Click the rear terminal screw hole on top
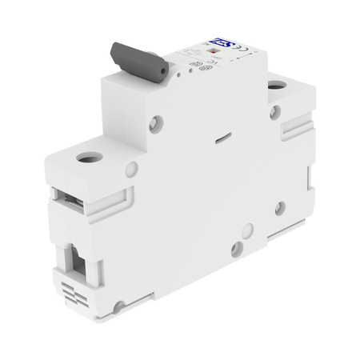(276, 84)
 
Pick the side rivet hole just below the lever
(157, 123)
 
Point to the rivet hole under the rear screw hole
(275, 112)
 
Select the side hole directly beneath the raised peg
(237, 250)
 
